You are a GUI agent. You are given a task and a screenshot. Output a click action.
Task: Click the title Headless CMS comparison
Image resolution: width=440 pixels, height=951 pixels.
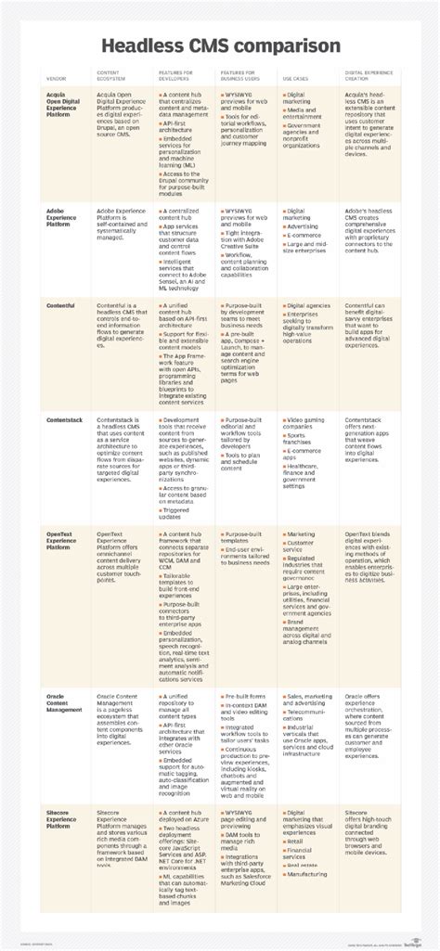pyautogui.click(x=220, y=46)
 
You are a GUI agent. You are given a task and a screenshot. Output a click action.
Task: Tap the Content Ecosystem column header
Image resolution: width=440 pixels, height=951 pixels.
pyautogui.click(x=112, y=74)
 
